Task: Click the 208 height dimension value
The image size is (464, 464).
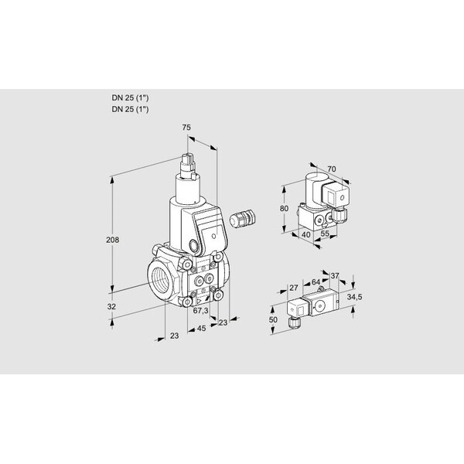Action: [112, 240]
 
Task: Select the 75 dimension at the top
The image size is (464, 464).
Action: [186, 128]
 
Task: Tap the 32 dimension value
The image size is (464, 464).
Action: [111, 307]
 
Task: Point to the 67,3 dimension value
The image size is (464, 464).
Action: [200, 310]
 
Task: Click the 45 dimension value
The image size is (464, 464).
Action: [201, 329]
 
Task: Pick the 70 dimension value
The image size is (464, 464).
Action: [332, 169]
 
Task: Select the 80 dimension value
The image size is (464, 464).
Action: [284, 209]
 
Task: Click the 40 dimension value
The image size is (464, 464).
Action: [305, 234]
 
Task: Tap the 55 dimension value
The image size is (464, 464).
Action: [325, 234]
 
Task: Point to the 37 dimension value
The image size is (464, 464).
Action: [335, 276]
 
